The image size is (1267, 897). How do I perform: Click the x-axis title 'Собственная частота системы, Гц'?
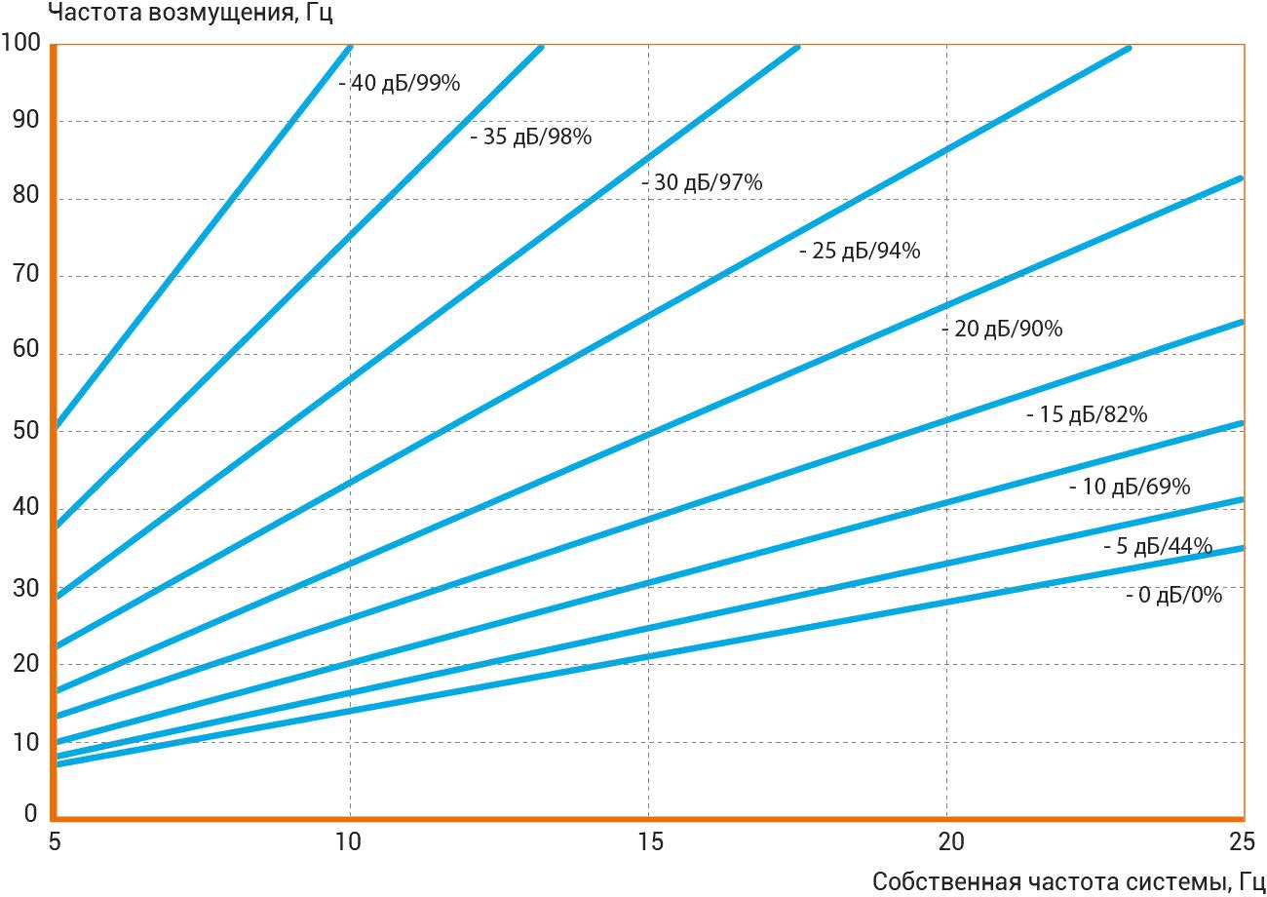[1068, 881]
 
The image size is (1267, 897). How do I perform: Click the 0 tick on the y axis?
[29, 814]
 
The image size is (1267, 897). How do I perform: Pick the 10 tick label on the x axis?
[349, 840]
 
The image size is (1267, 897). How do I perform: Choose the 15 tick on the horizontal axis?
[649, 840]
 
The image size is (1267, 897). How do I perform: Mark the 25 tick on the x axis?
[1242, 840]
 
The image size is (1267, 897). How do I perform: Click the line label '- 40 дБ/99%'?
[399, 84]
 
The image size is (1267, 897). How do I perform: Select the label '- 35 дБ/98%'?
[530, 137]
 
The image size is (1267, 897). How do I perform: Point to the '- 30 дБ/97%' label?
[702, 183]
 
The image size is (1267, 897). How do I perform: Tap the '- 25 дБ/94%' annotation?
[859, 252]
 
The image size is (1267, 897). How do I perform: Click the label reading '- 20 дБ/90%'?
[1002, 330]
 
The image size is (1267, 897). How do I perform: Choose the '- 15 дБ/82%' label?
[1086, 415]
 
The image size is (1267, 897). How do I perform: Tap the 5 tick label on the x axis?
[55, 840]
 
